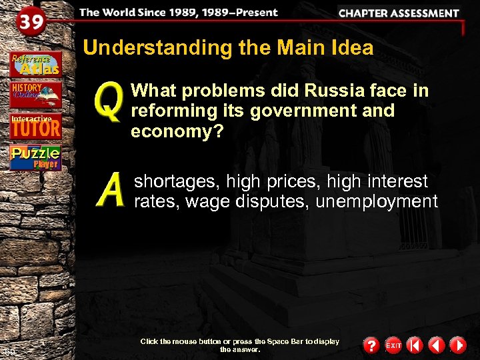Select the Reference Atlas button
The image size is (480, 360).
pyautogui.click(x=35, y=63)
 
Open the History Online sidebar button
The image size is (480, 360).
pyautogui.click(x=35, y=95)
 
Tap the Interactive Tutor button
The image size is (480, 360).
pyautogui.click(x=35, y=125)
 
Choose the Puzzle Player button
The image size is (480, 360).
pyautogui.click(x=35, y=158)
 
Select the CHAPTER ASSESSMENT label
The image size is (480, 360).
pyautogui.click(x=399, y=13)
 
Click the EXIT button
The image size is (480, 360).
pyautogui.click(x=393, y=345)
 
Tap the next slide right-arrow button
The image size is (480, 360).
pyautogui.click(x=457, y=345)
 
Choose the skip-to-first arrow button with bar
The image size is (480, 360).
pyautogui.click(x=415, y=345)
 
